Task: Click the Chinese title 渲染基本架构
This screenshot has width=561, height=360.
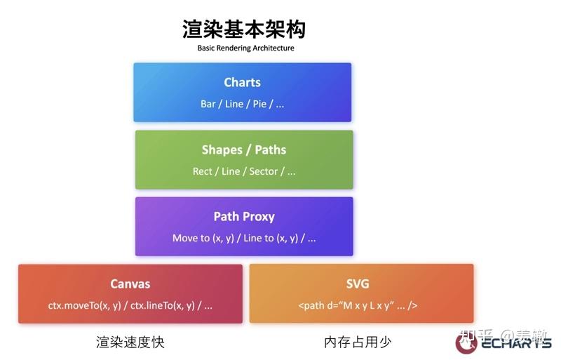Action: (x=243, y=29)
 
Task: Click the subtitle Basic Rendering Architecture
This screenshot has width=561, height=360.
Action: (x=245, y=48)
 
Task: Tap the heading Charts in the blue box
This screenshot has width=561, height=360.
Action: (x=242, y=82)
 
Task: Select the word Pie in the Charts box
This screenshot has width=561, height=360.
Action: (x=259, y=104)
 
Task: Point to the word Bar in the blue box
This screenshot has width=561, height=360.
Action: (x=208, y=104)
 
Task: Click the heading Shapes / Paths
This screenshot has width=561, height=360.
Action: (x=243, y=149)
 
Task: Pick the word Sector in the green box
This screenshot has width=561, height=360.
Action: (x=264, y=171)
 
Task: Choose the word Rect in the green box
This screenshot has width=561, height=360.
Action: (x=202, y=171)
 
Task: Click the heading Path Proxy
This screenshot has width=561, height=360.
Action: (x=243, y=216)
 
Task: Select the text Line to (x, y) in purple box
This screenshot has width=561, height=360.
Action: (x=269, y=238)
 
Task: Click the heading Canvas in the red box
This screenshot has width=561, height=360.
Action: (x=130, y=284)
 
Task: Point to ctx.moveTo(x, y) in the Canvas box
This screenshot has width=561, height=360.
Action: (x=83, y=305)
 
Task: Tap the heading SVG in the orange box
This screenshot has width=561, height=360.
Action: (x=357, y=284)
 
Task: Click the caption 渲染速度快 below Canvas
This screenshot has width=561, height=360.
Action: (x=130, y=342)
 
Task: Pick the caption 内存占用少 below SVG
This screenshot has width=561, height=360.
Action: (x=358, y=342)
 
